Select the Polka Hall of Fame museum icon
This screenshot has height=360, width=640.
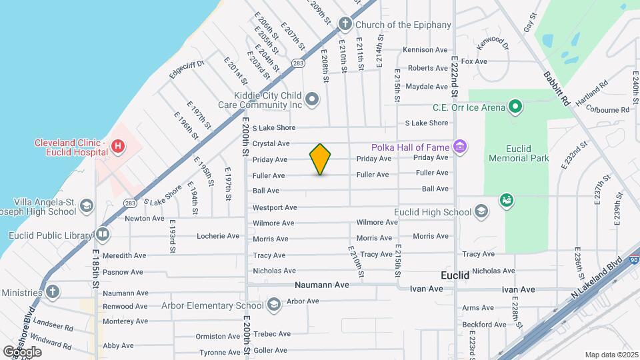pyautogui.click(x=459, y=147)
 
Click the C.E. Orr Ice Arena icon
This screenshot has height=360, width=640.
pyautogui.click(x=515, y=107)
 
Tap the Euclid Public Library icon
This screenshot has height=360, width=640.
pyautogui.click(x=102, y=235)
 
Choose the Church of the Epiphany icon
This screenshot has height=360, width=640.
pyautogui.click(x=345, y=25)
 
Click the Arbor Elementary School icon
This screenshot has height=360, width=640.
pyautogui.click(x=273, y=305)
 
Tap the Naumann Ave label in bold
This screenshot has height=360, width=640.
pyautogui.click(x=322, y=285)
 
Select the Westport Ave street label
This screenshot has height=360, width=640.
pyautogui.click(x=275, y=207)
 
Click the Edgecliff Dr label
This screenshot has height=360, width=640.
pyautogui.click(x=185, y=69)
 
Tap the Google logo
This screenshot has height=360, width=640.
pyautogui.click(x=22, y=351)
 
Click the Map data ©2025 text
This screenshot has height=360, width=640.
pyautogui.click(x=611, y=355)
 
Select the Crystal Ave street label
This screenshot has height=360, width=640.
pyautogui.click(x=271, y=143)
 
